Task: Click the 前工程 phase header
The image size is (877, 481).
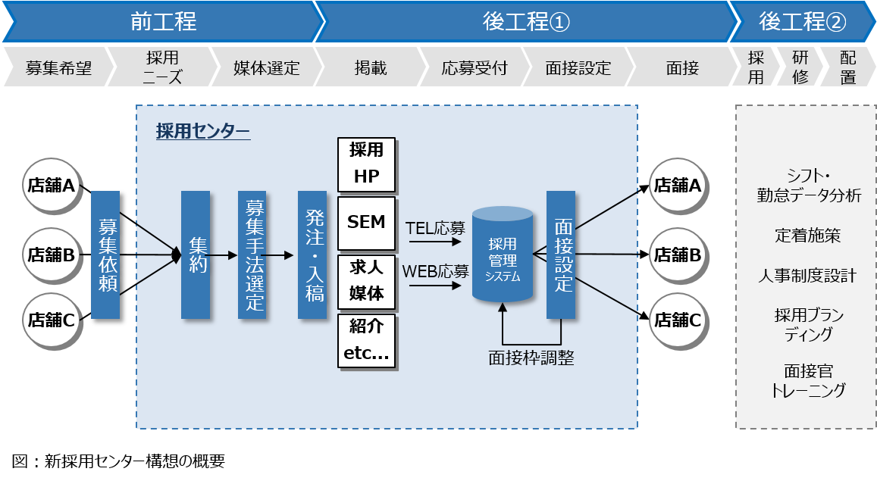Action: (162, 22)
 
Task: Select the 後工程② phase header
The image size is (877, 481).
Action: (802, 22)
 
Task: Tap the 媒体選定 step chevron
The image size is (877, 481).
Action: (265, 68)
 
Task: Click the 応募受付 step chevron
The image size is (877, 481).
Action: (474, 68)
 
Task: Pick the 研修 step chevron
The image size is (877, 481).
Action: (800, 68)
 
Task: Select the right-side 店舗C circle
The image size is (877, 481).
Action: (677, 320)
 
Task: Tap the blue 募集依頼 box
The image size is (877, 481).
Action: (105, 255)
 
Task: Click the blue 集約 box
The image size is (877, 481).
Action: (196, 255)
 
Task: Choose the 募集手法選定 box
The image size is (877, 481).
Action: (252, 255)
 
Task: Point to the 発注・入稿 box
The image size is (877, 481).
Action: (312, 255)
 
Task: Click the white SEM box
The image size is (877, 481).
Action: (367, 223)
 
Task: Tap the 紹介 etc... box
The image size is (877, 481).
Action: (367, 341)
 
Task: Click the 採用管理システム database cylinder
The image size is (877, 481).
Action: (503, 255)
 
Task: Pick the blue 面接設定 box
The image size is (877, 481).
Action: (561, 255)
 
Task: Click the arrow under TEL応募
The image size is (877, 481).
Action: (435, 242)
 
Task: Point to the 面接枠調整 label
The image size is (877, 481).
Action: (531, 358)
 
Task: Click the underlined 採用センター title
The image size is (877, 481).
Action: (203, 131)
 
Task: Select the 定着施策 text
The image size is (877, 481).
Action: (807, 236)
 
